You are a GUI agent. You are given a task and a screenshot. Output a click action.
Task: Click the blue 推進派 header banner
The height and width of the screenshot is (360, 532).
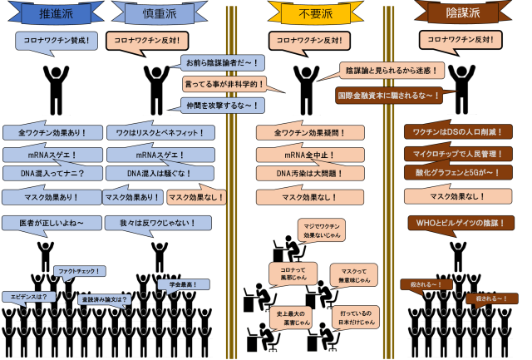click(x=52, y=14)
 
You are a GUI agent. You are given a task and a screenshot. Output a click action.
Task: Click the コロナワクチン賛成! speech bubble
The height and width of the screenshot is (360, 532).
click(x=52, y=39)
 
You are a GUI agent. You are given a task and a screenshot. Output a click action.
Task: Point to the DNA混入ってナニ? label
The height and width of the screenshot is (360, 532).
click(x=52, y=174)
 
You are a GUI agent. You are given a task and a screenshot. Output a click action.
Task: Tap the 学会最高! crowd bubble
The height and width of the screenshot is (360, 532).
click(x=176, y=285)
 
